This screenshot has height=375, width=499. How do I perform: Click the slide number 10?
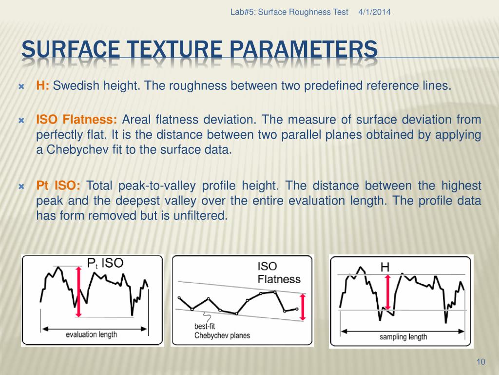481,362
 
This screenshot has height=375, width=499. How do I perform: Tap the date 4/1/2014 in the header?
374,12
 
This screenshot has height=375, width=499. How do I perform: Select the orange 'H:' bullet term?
43,86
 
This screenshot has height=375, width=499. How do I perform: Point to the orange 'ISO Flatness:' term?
77,120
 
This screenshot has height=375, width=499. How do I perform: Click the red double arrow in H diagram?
388,292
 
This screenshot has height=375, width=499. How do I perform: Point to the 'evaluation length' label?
92,334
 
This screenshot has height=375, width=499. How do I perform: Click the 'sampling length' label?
403,336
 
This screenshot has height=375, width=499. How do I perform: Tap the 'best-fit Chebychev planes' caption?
215,331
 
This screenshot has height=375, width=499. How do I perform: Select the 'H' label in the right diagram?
384,267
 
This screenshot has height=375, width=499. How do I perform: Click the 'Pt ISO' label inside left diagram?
105,263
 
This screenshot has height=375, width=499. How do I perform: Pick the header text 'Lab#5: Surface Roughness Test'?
289,12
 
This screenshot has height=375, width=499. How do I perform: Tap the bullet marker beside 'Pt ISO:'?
21,187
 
